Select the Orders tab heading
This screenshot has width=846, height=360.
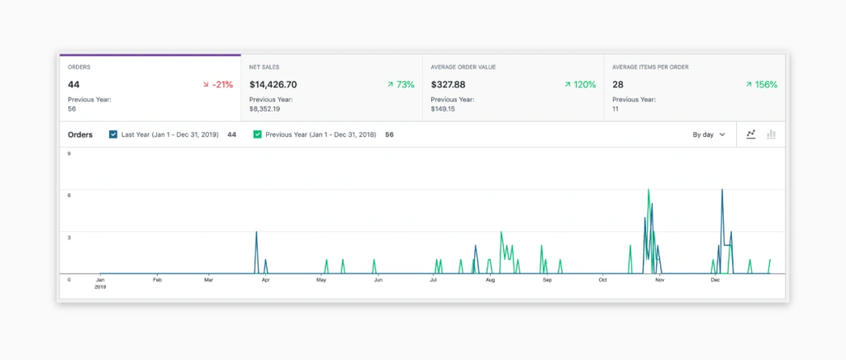point(79,66)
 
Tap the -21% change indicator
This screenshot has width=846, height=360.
point(218,84)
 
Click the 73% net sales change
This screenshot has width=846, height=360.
point(401,84)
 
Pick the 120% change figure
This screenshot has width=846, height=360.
point(580,84)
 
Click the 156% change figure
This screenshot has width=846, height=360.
point(761,84)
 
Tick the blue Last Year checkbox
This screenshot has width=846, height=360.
point(112,134)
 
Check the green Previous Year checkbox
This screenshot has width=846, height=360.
point(257,134)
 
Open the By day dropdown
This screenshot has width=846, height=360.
point(709,134)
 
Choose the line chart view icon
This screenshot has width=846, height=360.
point(751,134)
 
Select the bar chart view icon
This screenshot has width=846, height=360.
point(772,134)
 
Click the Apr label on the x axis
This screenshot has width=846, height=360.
point(265,280)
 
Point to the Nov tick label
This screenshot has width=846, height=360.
point(659,280)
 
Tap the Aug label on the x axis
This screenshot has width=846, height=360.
point(490,280)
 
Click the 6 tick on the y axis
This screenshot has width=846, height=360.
point(69,195)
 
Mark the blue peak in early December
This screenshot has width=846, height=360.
point(722,191)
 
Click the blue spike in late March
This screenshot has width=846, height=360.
point(257,233)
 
